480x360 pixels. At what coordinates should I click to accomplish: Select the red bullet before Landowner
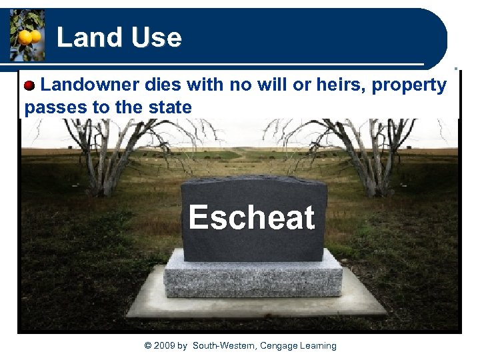click(x=30, y=86)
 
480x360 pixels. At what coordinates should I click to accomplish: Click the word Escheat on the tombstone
click(x=251, y=217)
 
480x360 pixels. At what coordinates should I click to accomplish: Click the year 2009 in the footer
click(x=165, y=345)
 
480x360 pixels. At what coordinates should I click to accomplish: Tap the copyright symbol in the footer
click(x=148, y=345)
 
